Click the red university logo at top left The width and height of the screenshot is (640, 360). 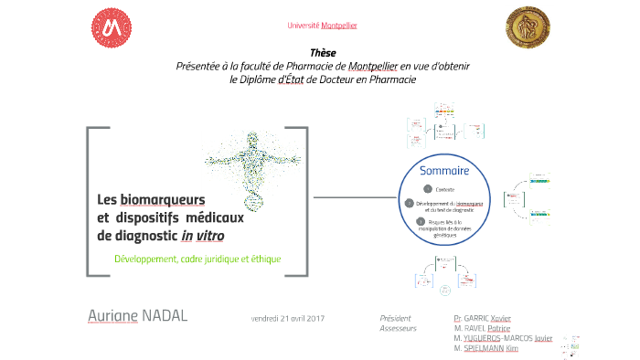point(112,29)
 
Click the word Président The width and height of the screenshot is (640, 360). point(397,317)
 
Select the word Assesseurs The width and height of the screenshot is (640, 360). point(398,327)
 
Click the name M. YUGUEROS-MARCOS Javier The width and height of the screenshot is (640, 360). point(503,338)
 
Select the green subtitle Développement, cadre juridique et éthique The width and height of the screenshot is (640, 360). point(197,259)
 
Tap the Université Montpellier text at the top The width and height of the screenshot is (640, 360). point(322,25)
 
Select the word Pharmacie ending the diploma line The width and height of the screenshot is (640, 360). point(390,79)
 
